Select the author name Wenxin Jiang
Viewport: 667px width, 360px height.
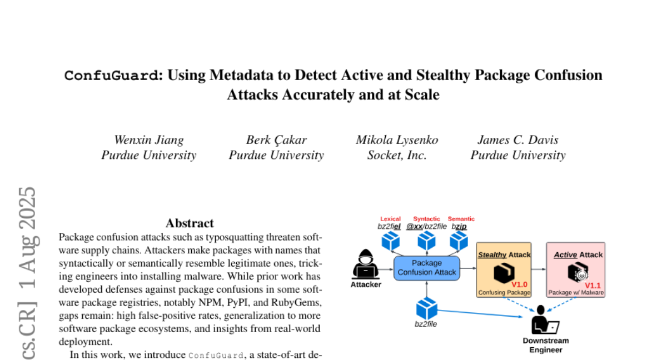[148, 140]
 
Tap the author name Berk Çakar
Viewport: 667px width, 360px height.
[276, 140]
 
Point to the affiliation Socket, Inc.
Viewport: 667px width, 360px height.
[397, 155]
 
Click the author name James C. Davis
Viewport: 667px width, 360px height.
[518, 140]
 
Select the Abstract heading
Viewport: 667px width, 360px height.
[190, 223]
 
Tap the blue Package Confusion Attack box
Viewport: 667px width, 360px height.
[426, 267]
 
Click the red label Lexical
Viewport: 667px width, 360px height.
[390, 219]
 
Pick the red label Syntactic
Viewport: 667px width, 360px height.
[426, 219]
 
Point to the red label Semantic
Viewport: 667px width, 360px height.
[461, 219]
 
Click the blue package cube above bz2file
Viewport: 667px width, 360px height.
[426, 309]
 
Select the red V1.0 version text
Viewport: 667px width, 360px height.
[519, 284]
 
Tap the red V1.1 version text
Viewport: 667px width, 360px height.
[593, 285]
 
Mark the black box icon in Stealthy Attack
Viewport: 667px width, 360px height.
[503, 273]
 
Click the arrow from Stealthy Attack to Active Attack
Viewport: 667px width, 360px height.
[539, 269]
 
